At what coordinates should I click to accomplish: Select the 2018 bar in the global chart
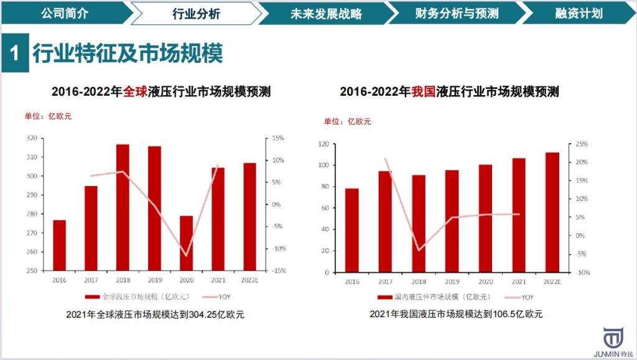tap(123, 208)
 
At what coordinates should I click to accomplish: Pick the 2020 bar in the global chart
tap(186, 243)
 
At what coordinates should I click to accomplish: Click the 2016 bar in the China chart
tap(351, 230)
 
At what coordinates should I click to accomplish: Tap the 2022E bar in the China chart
tap(552, 212)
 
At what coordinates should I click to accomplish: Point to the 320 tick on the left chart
tap(31, 138)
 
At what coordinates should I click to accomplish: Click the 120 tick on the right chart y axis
tap(323, 144)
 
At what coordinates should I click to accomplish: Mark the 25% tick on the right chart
tap(582, 144)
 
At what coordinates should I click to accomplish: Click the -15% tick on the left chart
tap(279, 271)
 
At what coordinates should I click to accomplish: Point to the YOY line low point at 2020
tap(186, 256)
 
